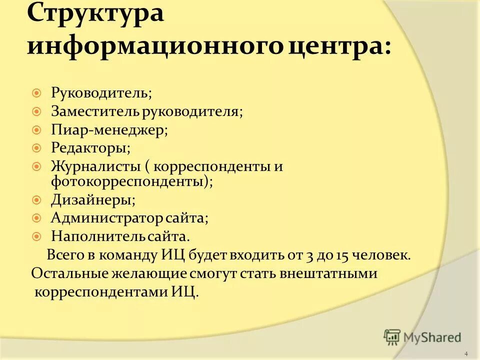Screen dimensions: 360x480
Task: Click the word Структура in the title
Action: [95, 13]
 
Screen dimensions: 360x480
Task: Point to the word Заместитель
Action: [95, 111]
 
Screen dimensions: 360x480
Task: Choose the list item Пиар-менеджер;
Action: [109, 130]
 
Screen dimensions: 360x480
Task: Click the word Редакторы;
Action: [90, 148]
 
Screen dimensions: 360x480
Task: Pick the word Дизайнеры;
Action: [93, 200]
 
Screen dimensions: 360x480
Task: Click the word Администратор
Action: [107, 218]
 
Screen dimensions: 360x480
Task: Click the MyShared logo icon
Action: [392, 337]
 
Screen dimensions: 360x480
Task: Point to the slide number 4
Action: [466, 354]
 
